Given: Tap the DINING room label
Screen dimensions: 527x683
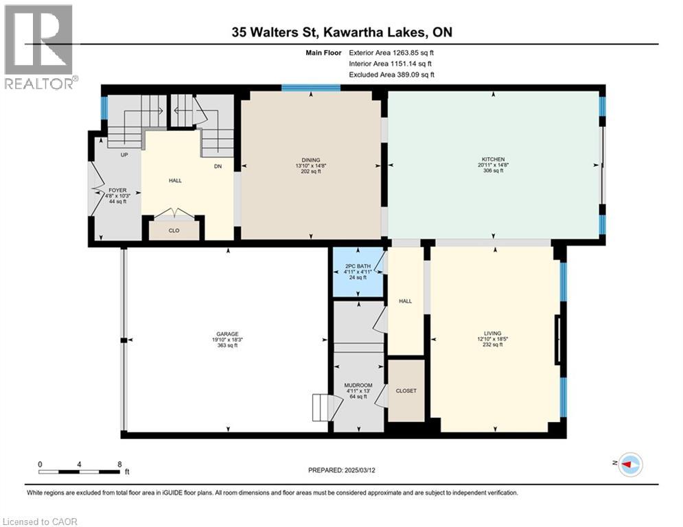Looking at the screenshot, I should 310,160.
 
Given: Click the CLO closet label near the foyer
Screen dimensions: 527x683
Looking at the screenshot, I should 174,231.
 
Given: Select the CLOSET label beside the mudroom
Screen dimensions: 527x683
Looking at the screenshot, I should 406,391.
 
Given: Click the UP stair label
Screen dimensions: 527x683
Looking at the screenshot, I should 124,155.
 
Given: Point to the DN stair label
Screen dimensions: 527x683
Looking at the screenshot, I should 218,165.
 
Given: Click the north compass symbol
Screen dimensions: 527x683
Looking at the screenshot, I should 629,465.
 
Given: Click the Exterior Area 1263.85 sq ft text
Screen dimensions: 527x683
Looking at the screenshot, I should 391,51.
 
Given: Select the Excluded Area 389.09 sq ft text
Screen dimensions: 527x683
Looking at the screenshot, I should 391,75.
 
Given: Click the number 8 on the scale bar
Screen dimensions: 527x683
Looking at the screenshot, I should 119,465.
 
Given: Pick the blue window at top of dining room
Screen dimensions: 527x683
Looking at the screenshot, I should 311,88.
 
